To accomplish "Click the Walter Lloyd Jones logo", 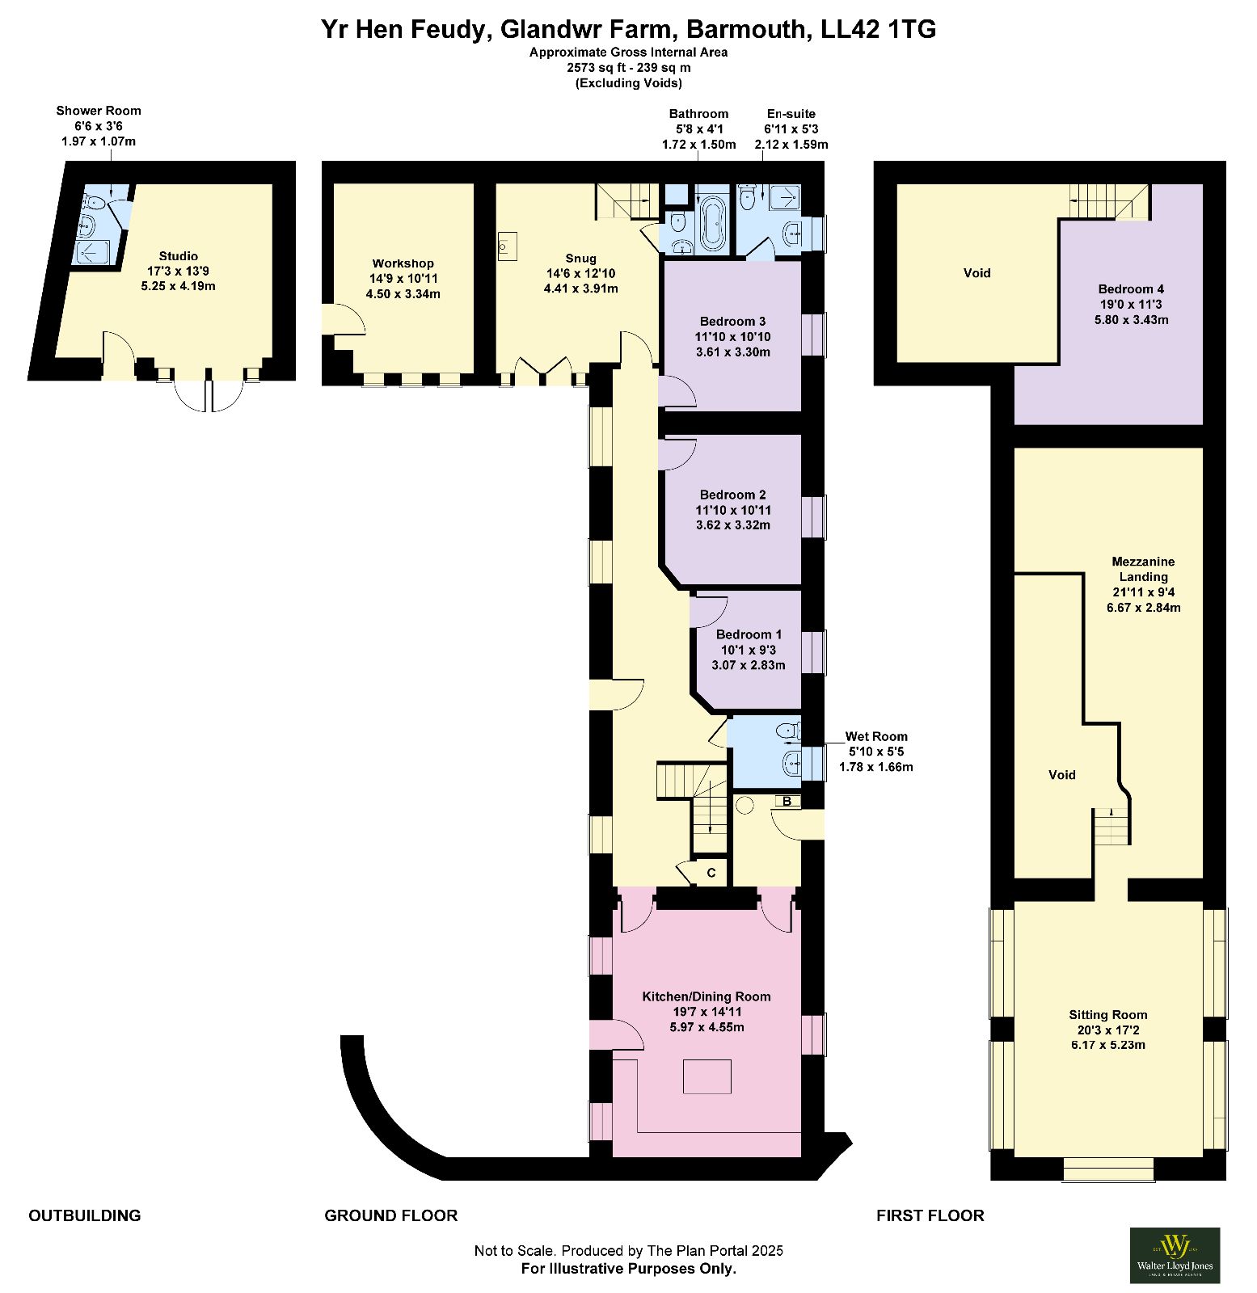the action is (x=1175, y=1255).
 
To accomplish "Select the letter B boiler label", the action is (x=787, y=802).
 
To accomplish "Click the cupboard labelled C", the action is (x=711, y=873).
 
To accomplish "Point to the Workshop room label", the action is (x=403, y=278).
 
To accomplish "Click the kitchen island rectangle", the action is (x=707, y=1076).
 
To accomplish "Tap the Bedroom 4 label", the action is (x=1131, y=304).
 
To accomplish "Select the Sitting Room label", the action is (x=1108, y=1030).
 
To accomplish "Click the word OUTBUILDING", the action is (x=85, y=1215).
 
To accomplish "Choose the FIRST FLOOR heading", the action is (x=930, y=1215).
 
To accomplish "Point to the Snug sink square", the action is (x=508, y=246).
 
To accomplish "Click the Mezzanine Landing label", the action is (x=1143, y=584).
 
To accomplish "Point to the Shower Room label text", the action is (x=99, y=125).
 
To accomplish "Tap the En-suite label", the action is (x=791, y=128).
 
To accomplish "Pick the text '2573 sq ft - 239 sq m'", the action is (x=629, y=68).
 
